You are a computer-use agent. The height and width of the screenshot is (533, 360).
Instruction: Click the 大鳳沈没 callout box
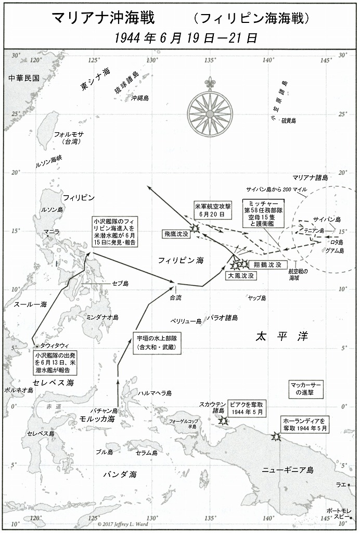241,276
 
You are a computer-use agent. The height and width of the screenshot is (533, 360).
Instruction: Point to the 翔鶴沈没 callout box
267,265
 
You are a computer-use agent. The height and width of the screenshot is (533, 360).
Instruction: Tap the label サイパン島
330,219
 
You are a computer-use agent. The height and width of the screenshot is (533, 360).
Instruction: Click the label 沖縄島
140,97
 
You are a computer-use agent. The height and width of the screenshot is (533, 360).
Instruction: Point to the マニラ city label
52,231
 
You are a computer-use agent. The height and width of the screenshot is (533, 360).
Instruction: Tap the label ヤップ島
256,298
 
